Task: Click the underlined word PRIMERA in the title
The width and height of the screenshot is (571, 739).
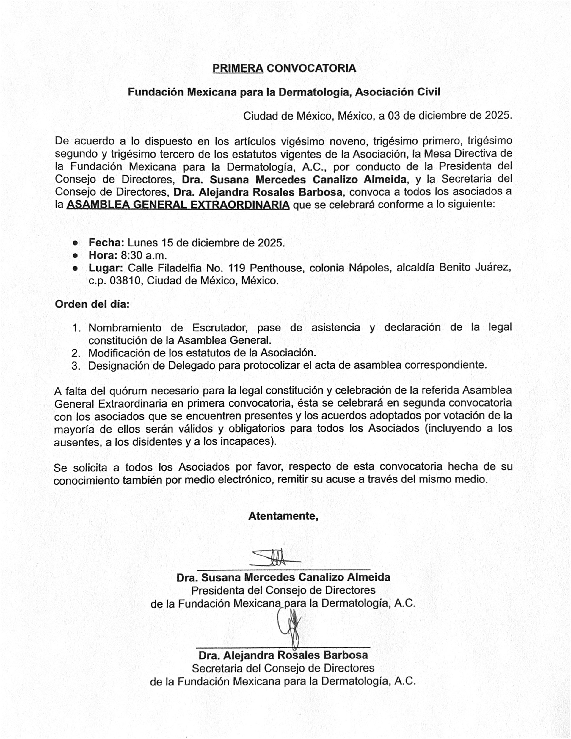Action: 238,68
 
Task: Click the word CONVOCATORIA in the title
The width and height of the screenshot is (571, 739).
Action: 311,68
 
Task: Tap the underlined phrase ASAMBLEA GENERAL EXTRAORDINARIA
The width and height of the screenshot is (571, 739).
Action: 178,205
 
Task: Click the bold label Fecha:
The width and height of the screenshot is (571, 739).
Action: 106,243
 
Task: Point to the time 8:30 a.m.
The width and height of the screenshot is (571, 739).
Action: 144,255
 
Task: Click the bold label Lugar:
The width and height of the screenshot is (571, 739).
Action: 106,268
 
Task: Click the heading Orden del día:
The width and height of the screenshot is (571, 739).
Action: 92,304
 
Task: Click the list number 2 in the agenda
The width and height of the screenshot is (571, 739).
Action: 76,353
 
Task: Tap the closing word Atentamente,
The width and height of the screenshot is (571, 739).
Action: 283,516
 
